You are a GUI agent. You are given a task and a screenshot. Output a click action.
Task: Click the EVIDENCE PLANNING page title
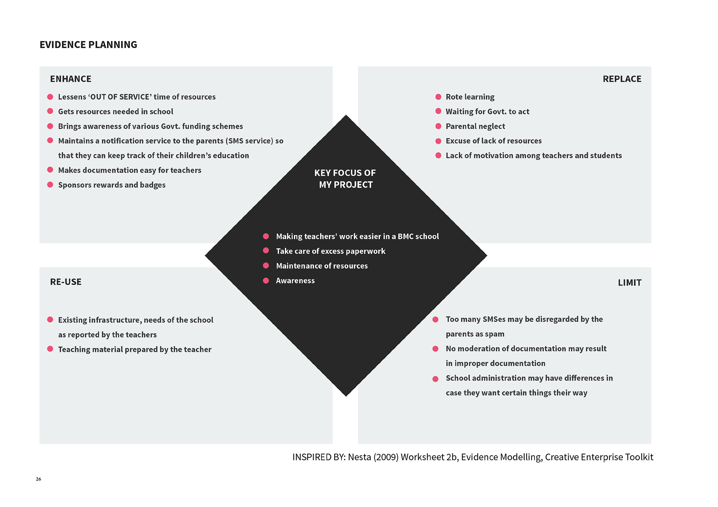tap(88, 45)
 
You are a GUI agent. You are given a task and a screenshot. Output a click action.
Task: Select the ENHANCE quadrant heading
tap(71, 79)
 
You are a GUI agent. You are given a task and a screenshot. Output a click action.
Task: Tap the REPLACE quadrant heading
tap(622, 79)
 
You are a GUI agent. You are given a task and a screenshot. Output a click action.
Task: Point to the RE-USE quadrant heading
tap(66, 282)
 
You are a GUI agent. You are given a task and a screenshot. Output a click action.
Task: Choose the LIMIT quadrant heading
tap(629, 283)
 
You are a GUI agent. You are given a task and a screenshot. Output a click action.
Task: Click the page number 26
tap(38, 479)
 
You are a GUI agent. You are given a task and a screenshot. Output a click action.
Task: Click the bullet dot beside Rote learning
tap(438, 97)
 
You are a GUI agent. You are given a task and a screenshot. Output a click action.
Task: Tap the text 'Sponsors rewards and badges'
tap(112, 185)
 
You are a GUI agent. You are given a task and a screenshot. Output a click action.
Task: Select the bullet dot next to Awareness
tap(266, 280)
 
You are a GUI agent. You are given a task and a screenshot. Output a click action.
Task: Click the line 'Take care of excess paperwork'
tap(330, 251)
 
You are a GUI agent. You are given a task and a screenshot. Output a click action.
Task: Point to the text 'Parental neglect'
tap(475, 126)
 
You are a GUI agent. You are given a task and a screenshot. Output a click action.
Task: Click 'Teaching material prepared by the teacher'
tap(135, 349)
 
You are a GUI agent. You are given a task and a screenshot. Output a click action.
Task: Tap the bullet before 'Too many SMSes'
tap(435, 319)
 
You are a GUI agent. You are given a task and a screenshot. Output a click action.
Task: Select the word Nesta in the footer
tap(359, 457)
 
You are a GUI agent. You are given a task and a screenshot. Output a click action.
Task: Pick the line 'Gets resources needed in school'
tap(116, 112)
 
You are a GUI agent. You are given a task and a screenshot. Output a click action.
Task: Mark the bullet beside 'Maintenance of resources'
tap(266, 266)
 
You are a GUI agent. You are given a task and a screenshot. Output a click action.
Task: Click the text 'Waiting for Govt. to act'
tap(487, 112)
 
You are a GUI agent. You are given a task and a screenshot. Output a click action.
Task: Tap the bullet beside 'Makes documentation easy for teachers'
tap(50, 170)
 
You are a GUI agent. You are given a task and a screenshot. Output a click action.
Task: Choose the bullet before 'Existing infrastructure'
tap(50, 319)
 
